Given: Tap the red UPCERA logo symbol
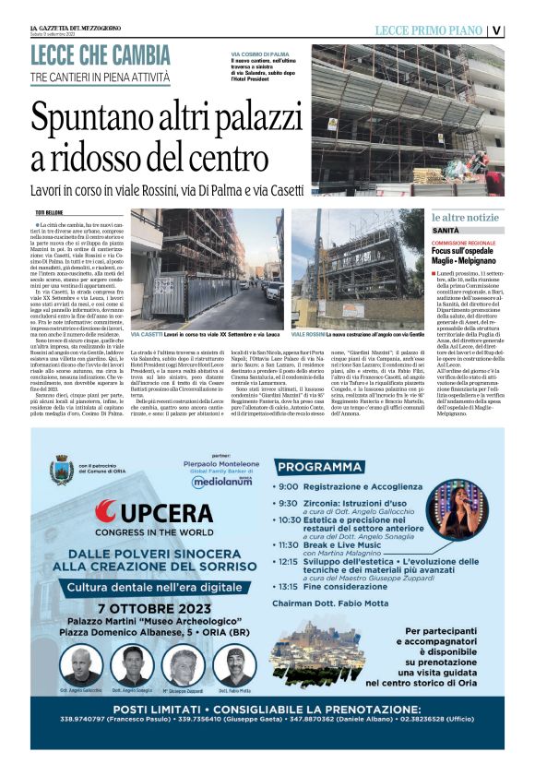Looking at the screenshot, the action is pos(105,510).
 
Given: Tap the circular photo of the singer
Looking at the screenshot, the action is pos(458,508).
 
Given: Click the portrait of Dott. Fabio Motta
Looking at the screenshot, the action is pos(234,664).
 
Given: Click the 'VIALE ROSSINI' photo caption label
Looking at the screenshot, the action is pos(309,333).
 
